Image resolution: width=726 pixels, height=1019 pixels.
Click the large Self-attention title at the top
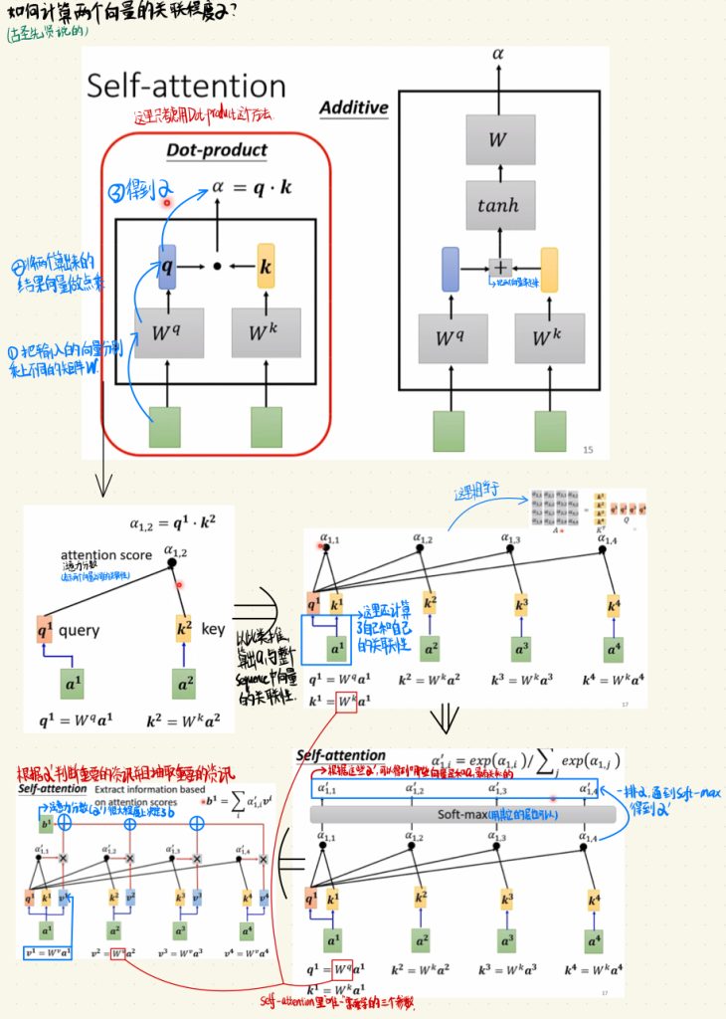(x=186, y=86)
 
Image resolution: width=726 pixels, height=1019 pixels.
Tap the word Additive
(x=353, y=107)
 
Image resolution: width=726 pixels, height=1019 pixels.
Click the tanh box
(x=500, y=206)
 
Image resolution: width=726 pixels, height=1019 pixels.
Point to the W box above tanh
(x=500, y=139)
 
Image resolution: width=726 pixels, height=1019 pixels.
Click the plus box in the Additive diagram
(x=500, y=267)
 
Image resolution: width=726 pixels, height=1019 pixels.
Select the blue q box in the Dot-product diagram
(x=165, y=267)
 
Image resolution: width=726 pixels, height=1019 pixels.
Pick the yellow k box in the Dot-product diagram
(x=265, y=267)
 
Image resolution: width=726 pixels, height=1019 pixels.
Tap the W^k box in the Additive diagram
(x=548, y=338)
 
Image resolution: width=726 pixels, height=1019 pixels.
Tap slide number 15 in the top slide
(x=588, y=450)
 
